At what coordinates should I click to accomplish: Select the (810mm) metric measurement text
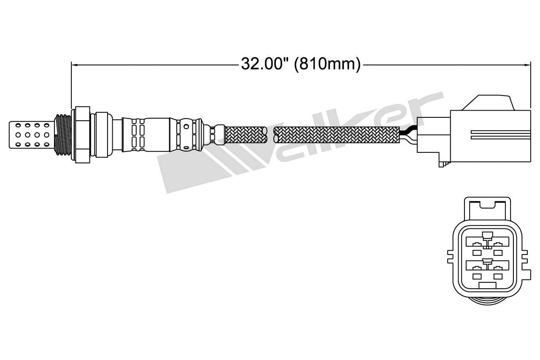(327, 64)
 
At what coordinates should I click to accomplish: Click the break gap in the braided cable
(270, 135)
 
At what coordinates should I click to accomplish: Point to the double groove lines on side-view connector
(500, 134)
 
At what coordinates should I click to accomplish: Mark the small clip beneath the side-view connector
(443, 161)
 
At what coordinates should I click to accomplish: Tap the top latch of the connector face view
(487, 205)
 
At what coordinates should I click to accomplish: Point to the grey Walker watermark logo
(295, 143)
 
